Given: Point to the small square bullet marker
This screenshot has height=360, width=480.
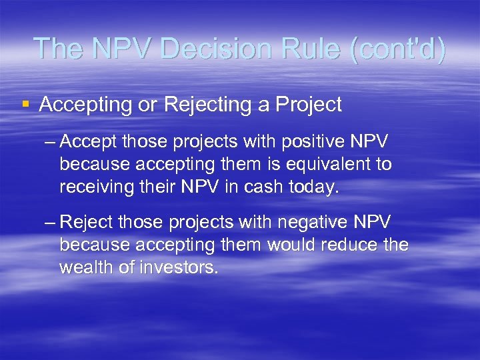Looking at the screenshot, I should (x=25, y=104).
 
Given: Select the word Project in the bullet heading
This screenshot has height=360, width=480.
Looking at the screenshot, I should (x=307, y=104).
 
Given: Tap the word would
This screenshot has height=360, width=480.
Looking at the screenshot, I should (x=293, y=245).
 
